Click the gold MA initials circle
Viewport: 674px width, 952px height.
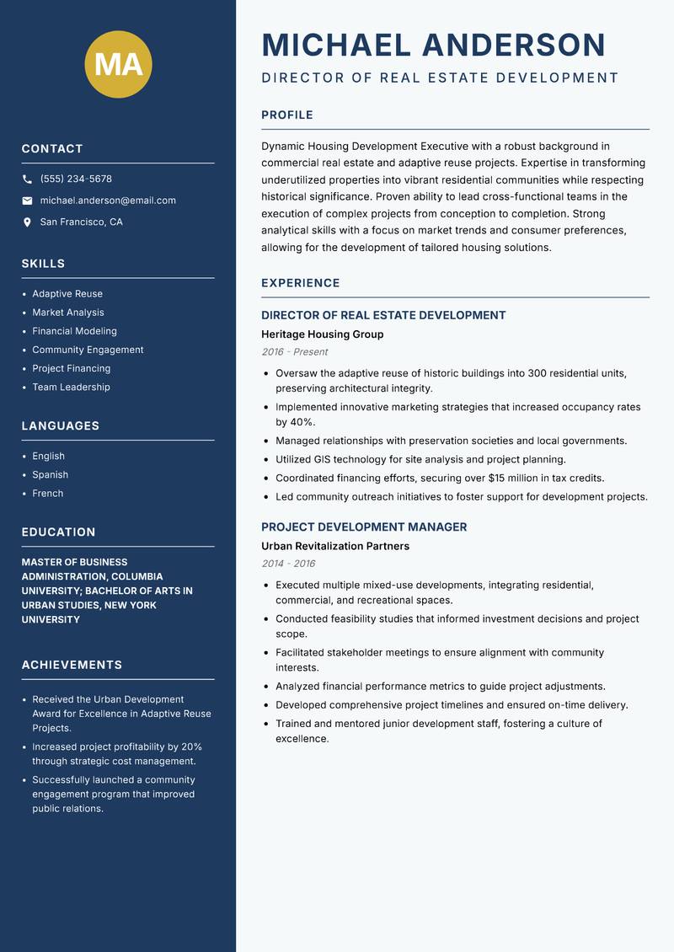[x=119, y=64]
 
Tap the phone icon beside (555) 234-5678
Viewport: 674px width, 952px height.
[x=27, y=179]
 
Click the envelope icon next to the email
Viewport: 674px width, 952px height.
[x=27, y=201]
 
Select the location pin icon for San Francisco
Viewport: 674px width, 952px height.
[x=27, y=222]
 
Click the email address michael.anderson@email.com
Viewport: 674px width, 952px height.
[x=108, y=201]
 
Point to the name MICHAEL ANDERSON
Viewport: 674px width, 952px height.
[x=434, y=45]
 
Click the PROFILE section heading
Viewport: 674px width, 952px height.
[x=287, y=115]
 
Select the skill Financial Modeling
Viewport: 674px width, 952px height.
[x=74, y=331]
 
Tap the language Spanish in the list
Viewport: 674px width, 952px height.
[x=50, y=474]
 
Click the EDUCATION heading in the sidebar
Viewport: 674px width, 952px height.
[x=58, y=532]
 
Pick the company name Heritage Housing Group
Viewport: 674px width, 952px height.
[x=322, y=334]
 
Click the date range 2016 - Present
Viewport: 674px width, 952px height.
[x=294, y=352]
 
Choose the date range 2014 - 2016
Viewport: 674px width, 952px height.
[x=288, y=564]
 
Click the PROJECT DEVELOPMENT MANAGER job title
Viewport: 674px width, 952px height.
[x=364, y=527]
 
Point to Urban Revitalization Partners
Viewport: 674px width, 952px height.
[x=335, y=546]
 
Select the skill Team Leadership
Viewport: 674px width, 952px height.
[x=71, y=387]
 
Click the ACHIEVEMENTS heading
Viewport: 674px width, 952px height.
[x=72, y=665]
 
